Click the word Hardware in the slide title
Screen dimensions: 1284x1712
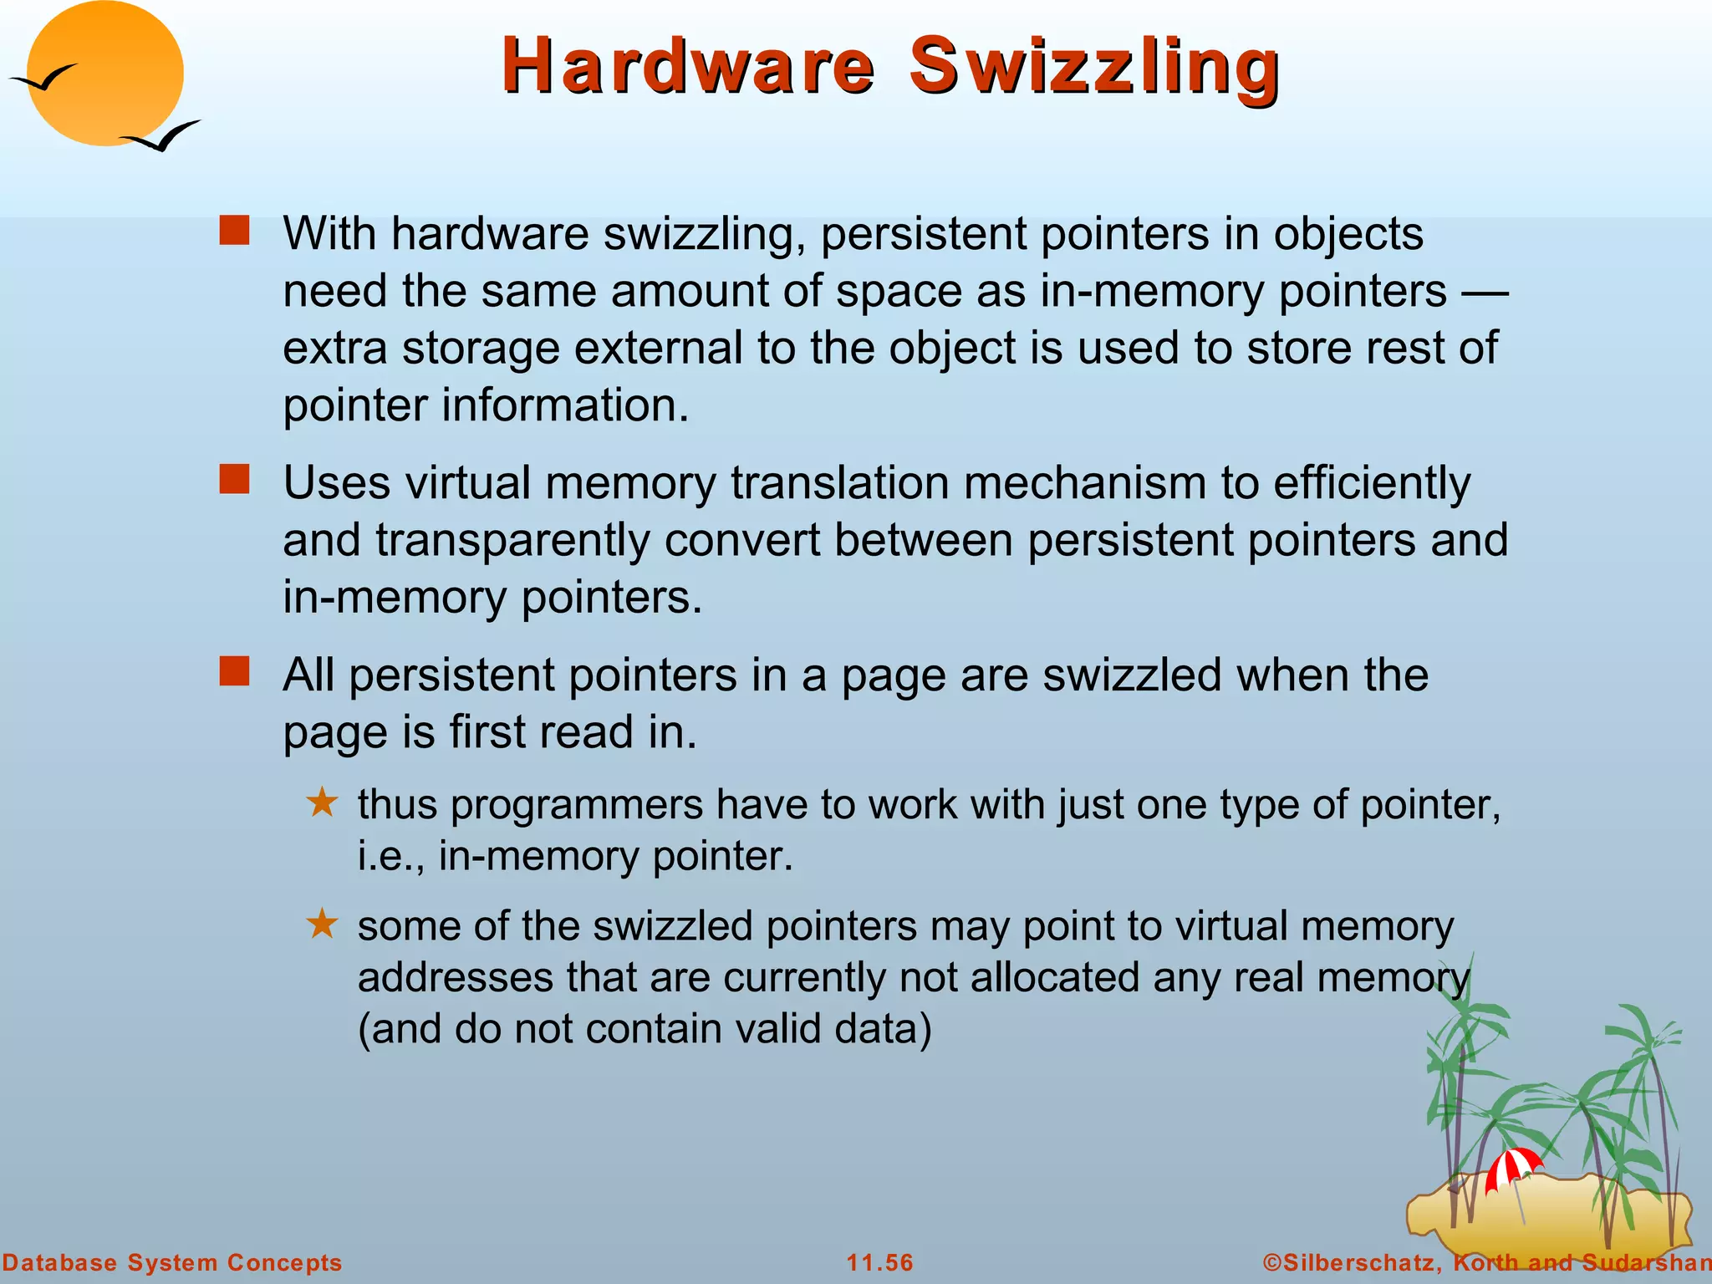tap(687, 67)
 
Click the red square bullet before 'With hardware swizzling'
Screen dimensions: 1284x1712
tap(234, 230)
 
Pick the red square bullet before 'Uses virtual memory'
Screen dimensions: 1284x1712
tap(234, 480)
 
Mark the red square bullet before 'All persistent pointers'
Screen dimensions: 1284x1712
tap(234, 671)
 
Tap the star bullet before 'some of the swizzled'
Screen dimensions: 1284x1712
tap(322, 924)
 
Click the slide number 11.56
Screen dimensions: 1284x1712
tap(879, 1262)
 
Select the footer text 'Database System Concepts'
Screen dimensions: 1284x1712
tap(172, 1262)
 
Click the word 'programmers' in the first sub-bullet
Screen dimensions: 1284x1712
tap(577, 805)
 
